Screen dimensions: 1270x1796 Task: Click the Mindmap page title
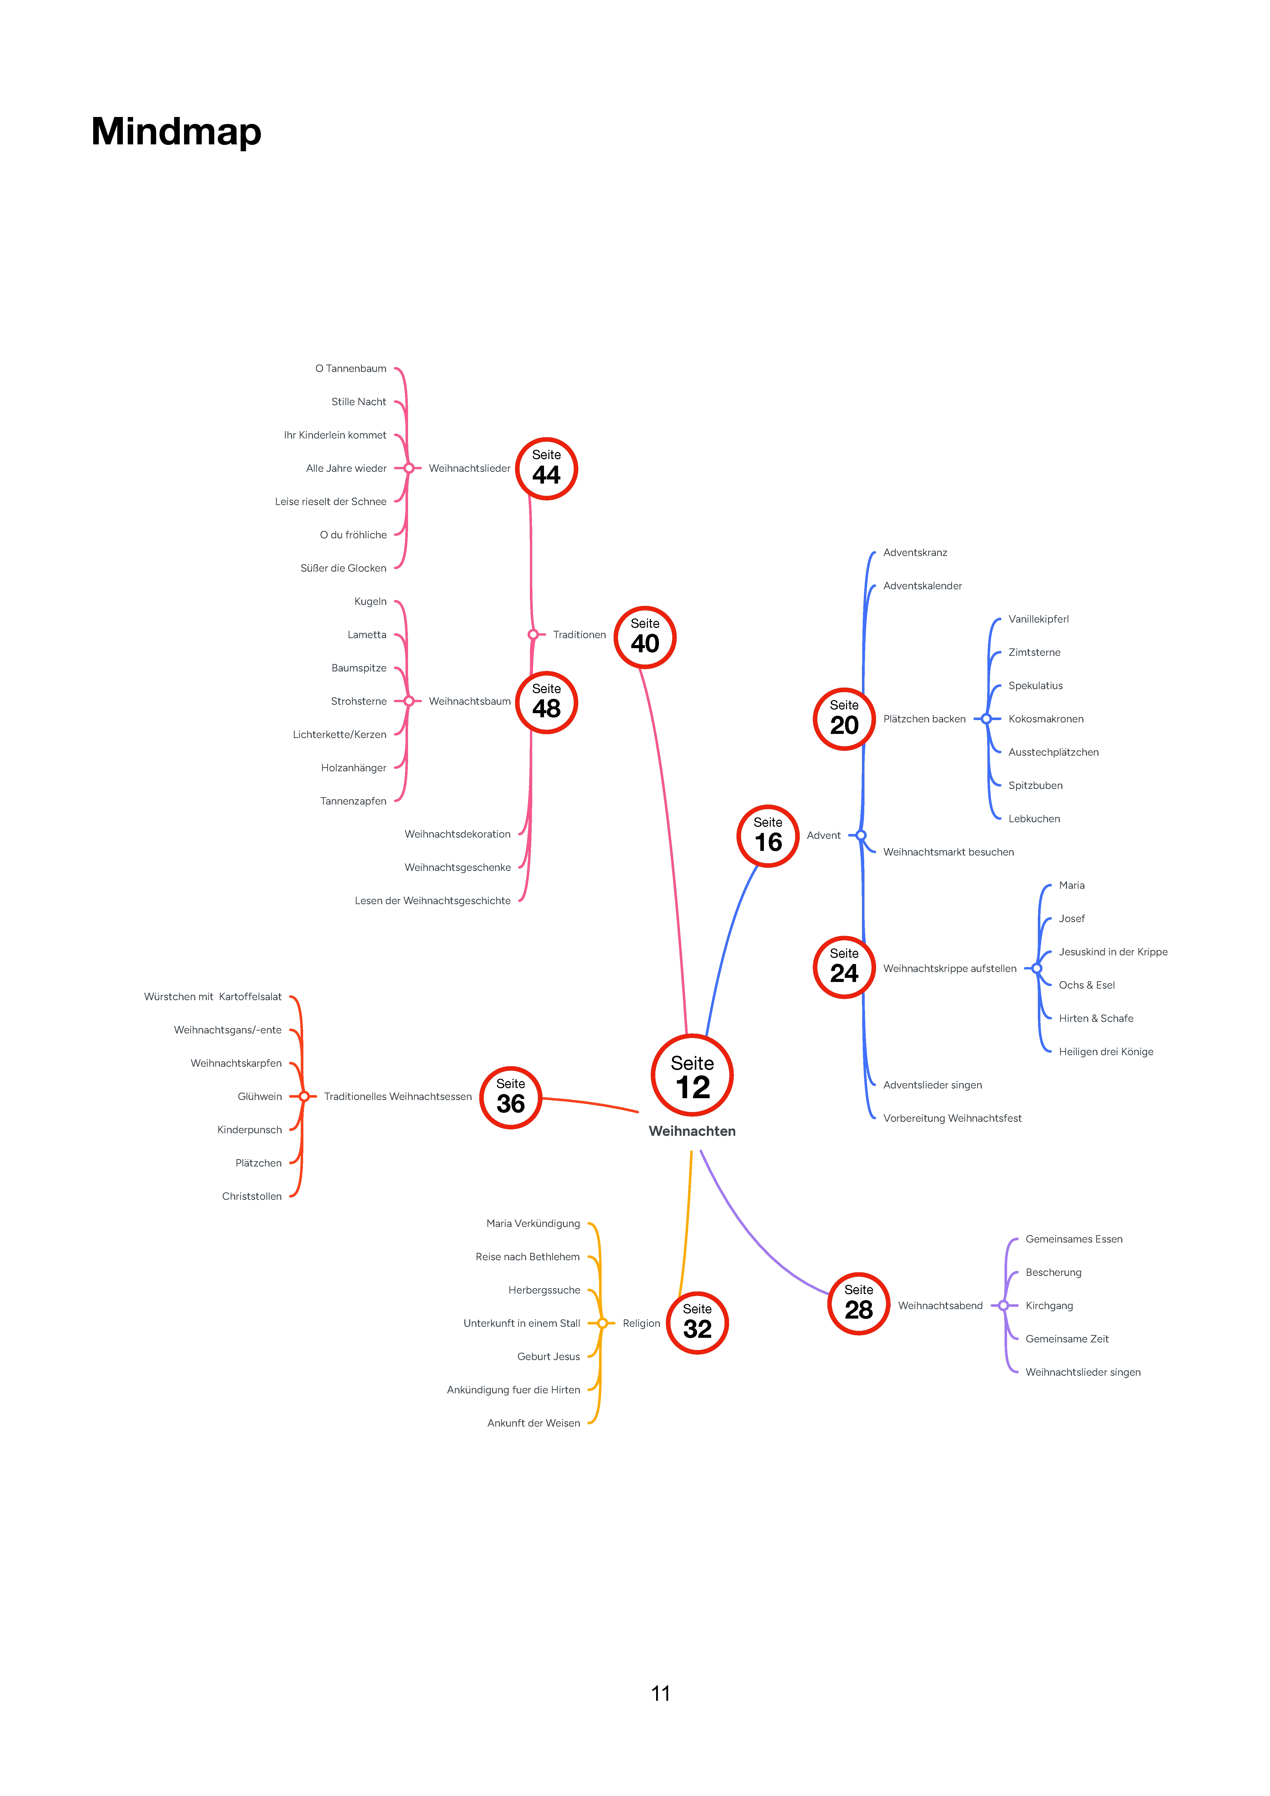(176, 131)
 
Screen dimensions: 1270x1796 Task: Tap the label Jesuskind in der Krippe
(1113, 952)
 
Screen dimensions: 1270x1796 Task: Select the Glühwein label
(260, 1097)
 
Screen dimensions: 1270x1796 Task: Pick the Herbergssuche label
(544, 1290)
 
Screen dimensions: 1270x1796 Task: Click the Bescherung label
(1053, 1273)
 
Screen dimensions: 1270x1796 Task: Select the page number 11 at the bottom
(660, 1694)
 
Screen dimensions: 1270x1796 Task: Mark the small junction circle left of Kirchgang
(1003, 1306)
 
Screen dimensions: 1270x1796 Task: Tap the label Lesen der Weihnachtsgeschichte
(433, 901)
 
